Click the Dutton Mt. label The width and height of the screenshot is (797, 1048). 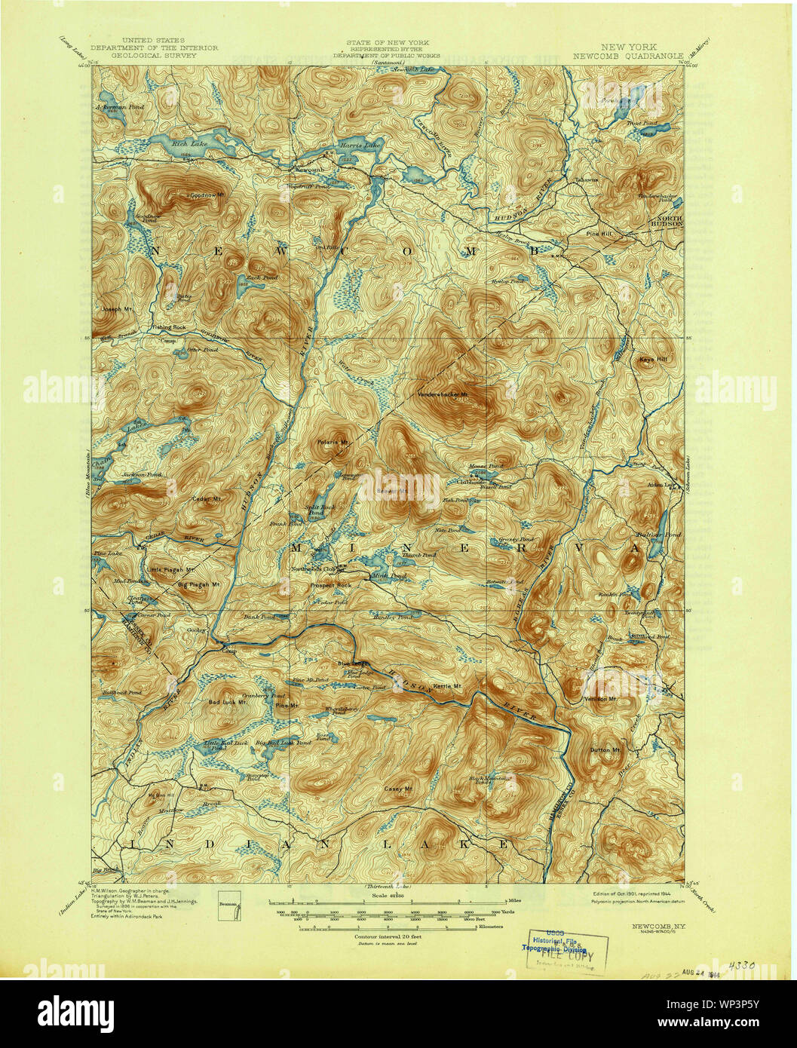[605, 751]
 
